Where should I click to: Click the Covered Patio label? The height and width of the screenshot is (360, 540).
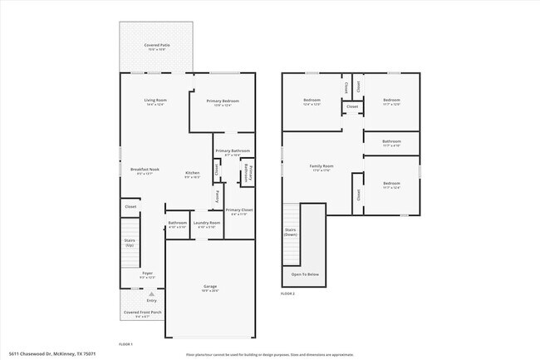(x=156, y=46)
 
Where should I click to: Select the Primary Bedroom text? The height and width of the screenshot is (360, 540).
(x=227, y=101)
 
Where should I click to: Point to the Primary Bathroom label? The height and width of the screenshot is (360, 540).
(x=233, y=150)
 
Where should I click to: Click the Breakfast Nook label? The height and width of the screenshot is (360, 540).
(x=145, y=170)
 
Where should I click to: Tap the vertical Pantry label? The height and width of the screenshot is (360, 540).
(x=218, y=197)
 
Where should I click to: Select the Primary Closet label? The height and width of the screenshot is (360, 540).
(x=238, y=210)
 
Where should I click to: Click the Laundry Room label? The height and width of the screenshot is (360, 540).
(x=207, y=222)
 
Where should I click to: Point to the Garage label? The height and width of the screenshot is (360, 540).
(x=210, y=287)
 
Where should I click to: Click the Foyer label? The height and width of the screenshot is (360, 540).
(x=147, y=273)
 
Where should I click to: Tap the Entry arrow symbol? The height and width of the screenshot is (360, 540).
(x=151, y=293)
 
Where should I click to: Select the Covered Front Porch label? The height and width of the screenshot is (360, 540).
(x=143, y=312)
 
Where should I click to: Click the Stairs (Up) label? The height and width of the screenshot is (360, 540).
(x=130, y=242)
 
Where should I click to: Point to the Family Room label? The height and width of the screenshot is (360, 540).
(x=322, y=166)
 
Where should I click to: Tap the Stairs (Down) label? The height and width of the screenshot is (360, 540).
(x=291, y=232)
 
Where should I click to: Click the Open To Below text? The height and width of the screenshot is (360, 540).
(x=304, y=274)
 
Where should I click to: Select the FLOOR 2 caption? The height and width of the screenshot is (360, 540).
(x=287, y=294)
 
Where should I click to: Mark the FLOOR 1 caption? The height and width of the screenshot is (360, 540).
(x=125, y=343)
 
